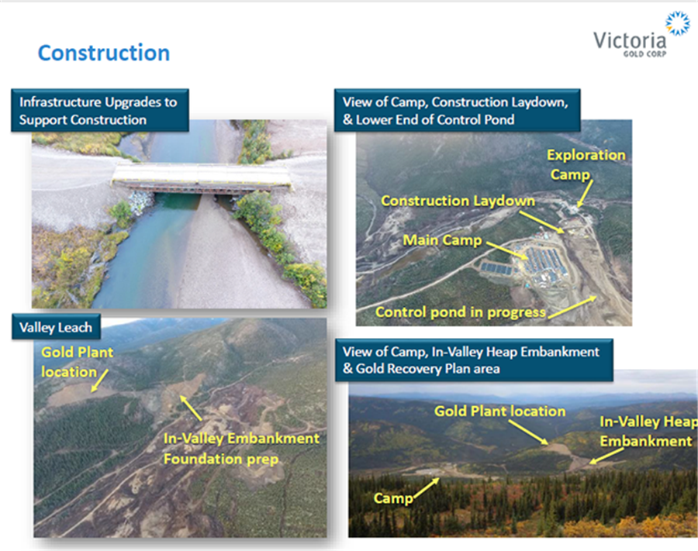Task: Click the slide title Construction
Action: pyautogui.click(x=104, y=53)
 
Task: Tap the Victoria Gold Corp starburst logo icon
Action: pyautogui.click(x=677, y=23)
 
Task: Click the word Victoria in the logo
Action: pyautogui.click(x=630, y=40)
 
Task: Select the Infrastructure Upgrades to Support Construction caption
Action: pyautogui.click(x=100, y=110)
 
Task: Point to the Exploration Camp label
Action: pyautogui.click(x=586, y=164)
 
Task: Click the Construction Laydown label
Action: pyautogui.click(x=458, y=201)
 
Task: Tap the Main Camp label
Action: pyautogui.click(x=442, y=240)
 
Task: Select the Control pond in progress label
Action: pyautogui.click(x=460, y=312)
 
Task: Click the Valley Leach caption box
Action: pyautogui.click(x=56, y=327)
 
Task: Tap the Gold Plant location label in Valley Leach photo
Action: pyautogui.click(x=77, y=362)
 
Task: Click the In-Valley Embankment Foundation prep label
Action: pyautogui.click(x=241, y=448)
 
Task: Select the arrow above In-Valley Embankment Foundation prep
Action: pyautogui.click(x=191, y=408)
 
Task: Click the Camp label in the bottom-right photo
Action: pyautogui.click(x=393, y=498)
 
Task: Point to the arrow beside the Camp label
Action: pyautogui.click(x=427, y=488)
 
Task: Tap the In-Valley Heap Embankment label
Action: pyautogui.click(x=648, y=432)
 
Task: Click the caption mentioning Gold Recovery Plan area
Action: pyautogui.click(x=474, y=360)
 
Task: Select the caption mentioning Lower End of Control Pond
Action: pyautogui.click(x=457, y=110)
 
